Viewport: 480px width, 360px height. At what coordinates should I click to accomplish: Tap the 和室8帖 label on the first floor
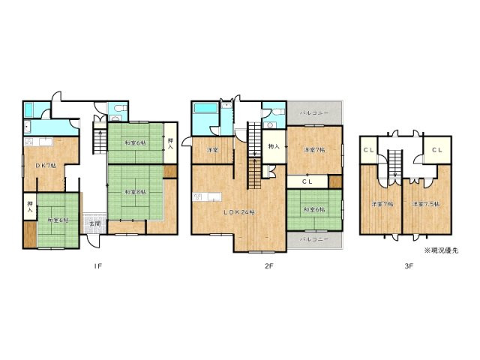[135, 190]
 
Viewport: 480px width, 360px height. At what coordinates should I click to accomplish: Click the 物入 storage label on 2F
[273, 147]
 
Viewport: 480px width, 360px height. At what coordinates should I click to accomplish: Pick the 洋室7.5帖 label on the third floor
[425, 204]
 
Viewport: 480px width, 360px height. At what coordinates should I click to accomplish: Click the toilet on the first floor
[115, 113]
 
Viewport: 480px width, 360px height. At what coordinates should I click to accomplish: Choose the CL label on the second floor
[308, 181]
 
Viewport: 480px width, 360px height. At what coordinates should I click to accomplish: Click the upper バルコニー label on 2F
[311, 112]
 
